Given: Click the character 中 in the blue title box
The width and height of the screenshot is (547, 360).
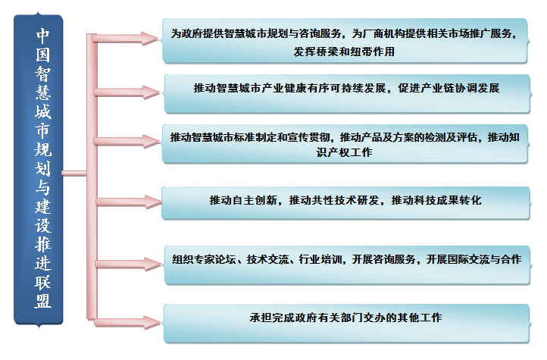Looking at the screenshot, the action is (42, 35).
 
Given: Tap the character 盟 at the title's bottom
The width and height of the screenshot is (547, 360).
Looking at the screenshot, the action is (43, 301).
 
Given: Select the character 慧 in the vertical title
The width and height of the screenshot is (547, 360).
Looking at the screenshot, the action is (43, 92).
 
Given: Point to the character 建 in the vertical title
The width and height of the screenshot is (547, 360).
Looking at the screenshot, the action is (43, 206).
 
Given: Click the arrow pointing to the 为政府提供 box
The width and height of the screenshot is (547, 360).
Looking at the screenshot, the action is (126, 39).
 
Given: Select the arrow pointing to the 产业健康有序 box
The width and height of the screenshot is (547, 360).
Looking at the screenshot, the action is (127, 92).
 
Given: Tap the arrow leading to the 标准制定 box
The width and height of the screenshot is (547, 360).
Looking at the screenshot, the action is (127, 141).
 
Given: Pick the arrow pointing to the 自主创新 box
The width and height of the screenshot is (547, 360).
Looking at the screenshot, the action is (129, 202).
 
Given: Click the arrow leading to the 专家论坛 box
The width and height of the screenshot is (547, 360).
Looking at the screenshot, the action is (129, 264).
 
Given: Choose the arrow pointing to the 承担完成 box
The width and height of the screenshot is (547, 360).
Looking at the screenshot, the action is (128, 323).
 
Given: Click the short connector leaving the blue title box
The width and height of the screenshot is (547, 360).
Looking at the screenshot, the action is (74, 173).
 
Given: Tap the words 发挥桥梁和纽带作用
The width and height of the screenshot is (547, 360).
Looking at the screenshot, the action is (344, 52).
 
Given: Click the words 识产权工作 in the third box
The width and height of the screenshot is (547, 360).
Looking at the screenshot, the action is (344, 152).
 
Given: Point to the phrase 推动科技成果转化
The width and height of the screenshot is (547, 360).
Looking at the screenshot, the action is (436, 200).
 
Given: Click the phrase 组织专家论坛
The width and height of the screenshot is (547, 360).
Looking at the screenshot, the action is (204, 259).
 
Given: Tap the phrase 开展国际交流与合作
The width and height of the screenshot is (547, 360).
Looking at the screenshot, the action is (474, 259).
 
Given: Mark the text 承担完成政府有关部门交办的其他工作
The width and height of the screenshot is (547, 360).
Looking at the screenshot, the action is (345, 318).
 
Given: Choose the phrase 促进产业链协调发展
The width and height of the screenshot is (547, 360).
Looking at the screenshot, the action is (449, 88).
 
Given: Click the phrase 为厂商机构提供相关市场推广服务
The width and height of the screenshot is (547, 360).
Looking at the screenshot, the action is (433, 33).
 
